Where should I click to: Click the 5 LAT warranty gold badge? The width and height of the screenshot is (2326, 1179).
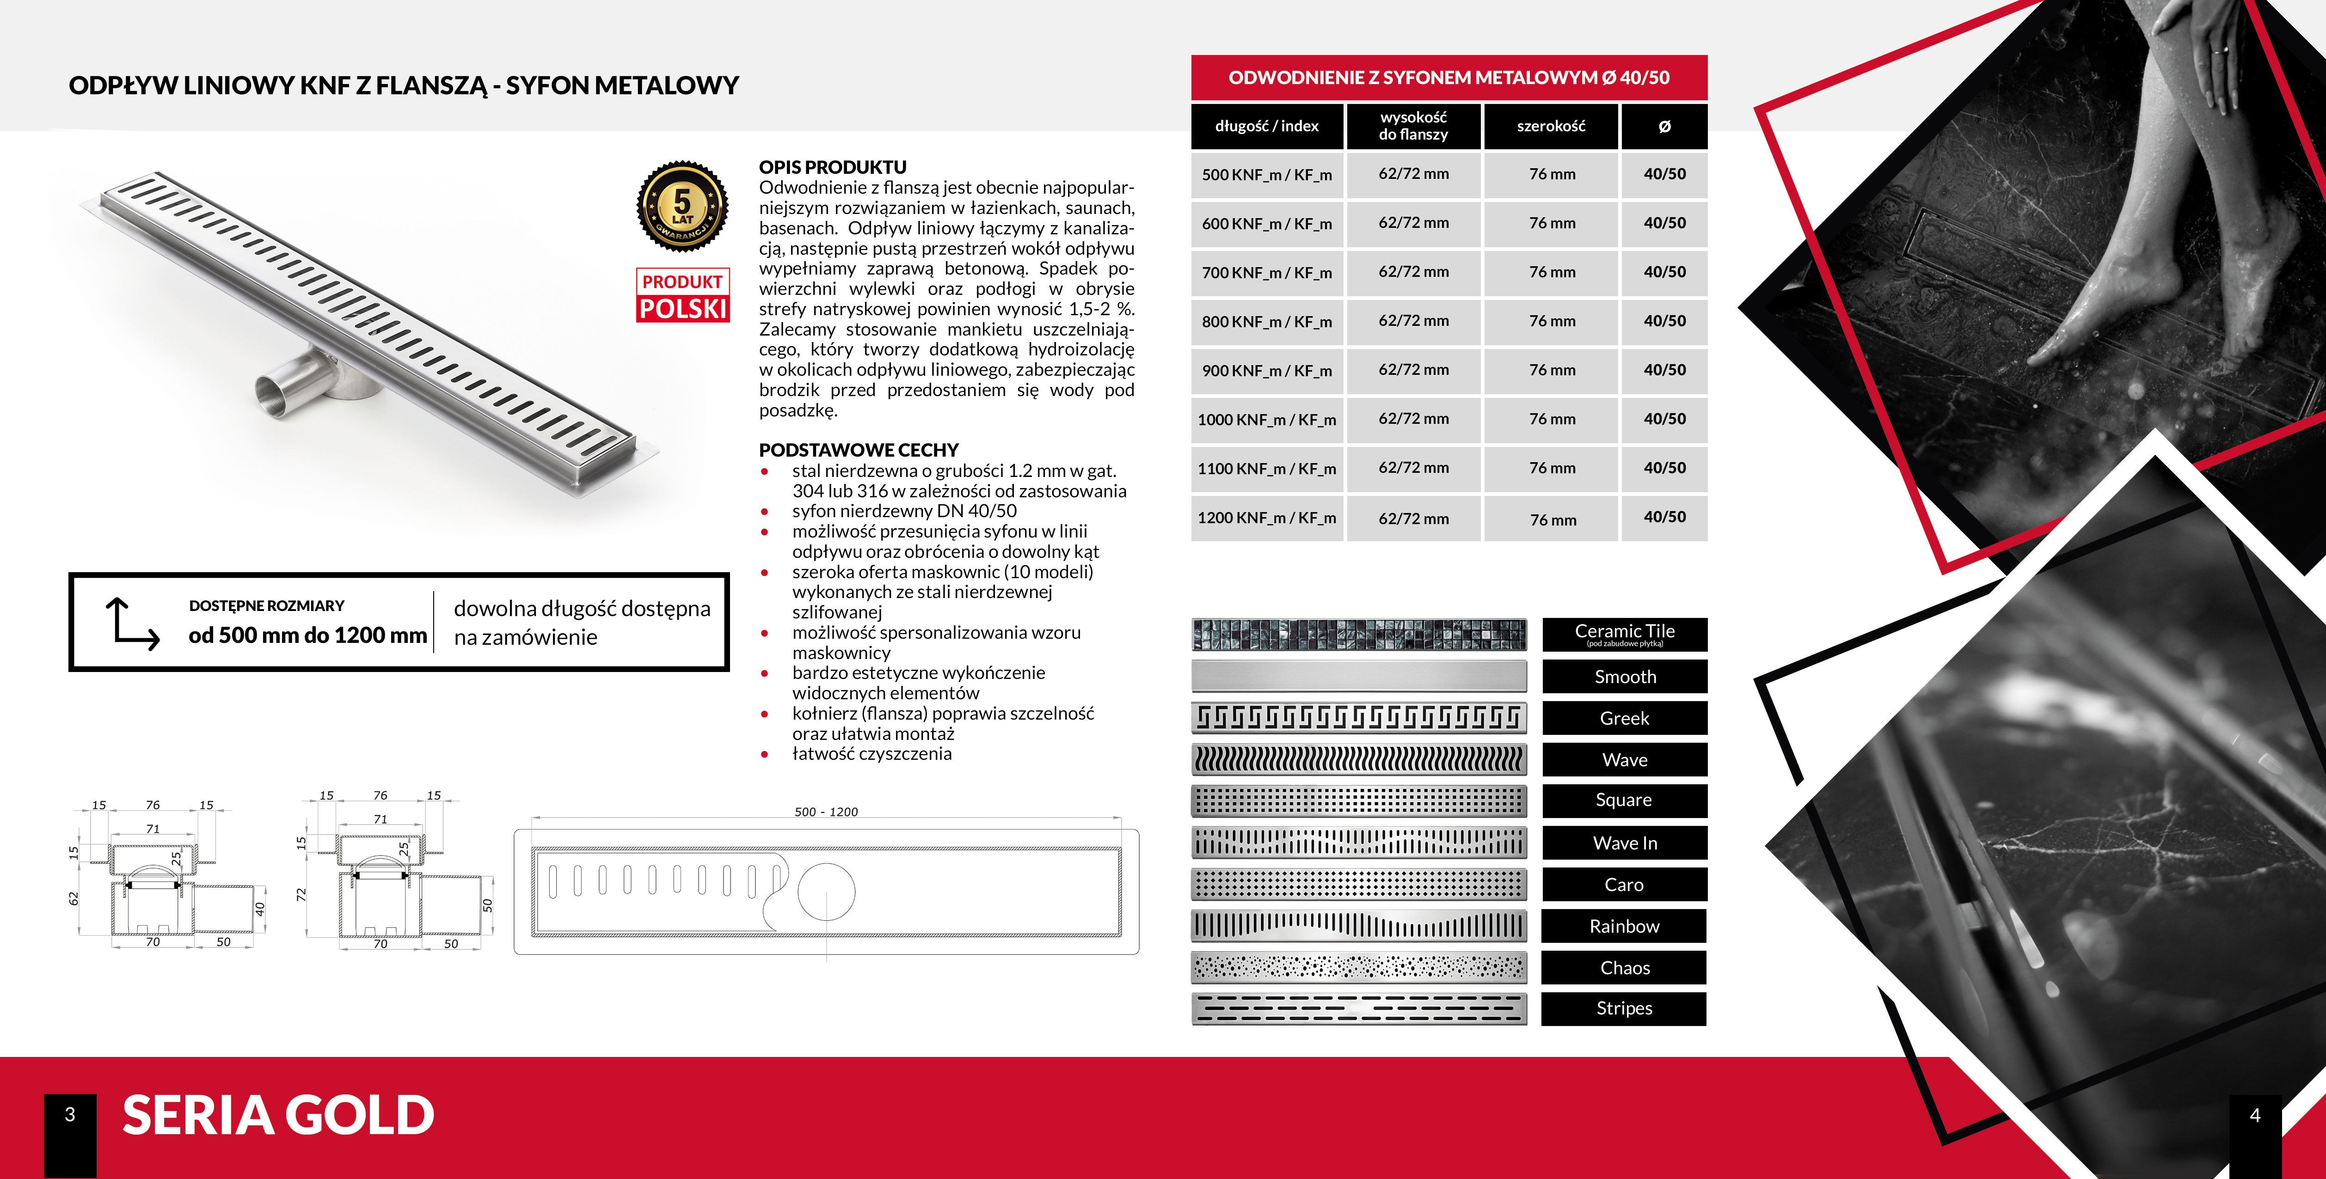point(682,206)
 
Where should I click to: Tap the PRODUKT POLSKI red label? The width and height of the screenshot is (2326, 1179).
point(682,295)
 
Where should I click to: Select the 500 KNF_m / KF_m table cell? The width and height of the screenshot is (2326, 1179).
point(1267,174)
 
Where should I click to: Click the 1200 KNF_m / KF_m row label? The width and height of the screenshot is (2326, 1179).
point(1267,517)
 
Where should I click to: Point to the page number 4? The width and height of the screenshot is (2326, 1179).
point(2255,1116)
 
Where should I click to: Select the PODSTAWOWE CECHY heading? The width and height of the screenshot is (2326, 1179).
point(858,450)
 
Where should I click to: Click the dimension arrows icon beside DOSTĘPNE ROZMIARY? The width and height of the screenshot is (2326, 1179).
point(132,623)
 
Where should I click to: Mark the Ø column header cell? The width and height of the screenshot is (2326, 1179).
point(1664,126)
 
